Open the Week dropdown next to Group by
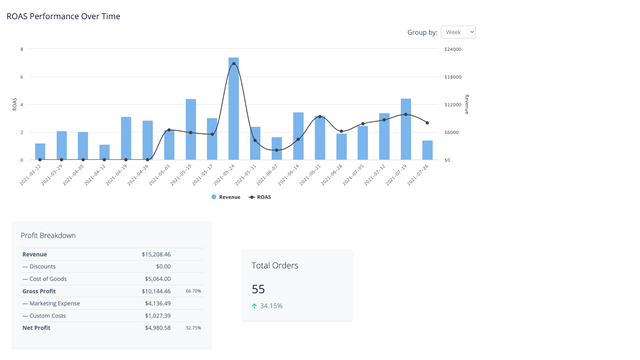point(458,32)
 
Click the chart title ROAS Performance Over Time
point(64,17)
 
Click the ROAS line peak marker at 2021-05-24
point(234,64)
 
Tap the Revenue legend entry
point(225,197)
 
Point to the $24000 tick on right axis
point(453,49)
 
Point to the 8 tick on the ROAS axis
point(22,49)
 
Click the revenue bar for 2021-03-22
point(40,151)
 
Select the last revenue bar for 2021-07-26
point(428,150)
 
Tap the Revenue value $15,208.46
point(156,254)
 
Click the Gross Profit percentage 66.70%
point(193,291)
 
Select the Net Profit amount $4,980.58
point(156,327)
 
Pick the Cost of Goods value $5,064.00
point(156,279)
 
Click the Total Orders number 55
point(258,289)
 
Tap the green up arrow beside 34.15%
point(255,305)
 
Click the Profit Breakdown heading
point(48,235)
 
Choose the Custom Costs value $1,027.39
point(156,315)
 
